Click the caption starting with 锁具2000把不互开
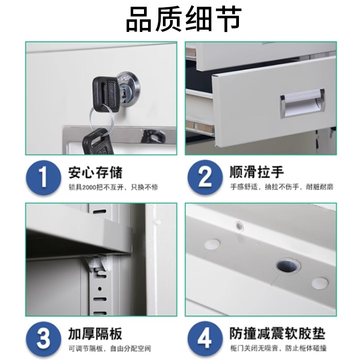pos(113,187)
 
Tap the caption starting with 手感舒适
pos(282,187)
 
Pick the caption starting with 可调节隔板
pos(109,348)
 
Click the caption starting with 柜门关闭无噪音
pos(278,348)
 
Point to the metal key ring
pos(99,118)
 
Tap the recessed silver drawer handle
pos(301,103)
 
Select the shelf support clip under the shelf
pos(96,265)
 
